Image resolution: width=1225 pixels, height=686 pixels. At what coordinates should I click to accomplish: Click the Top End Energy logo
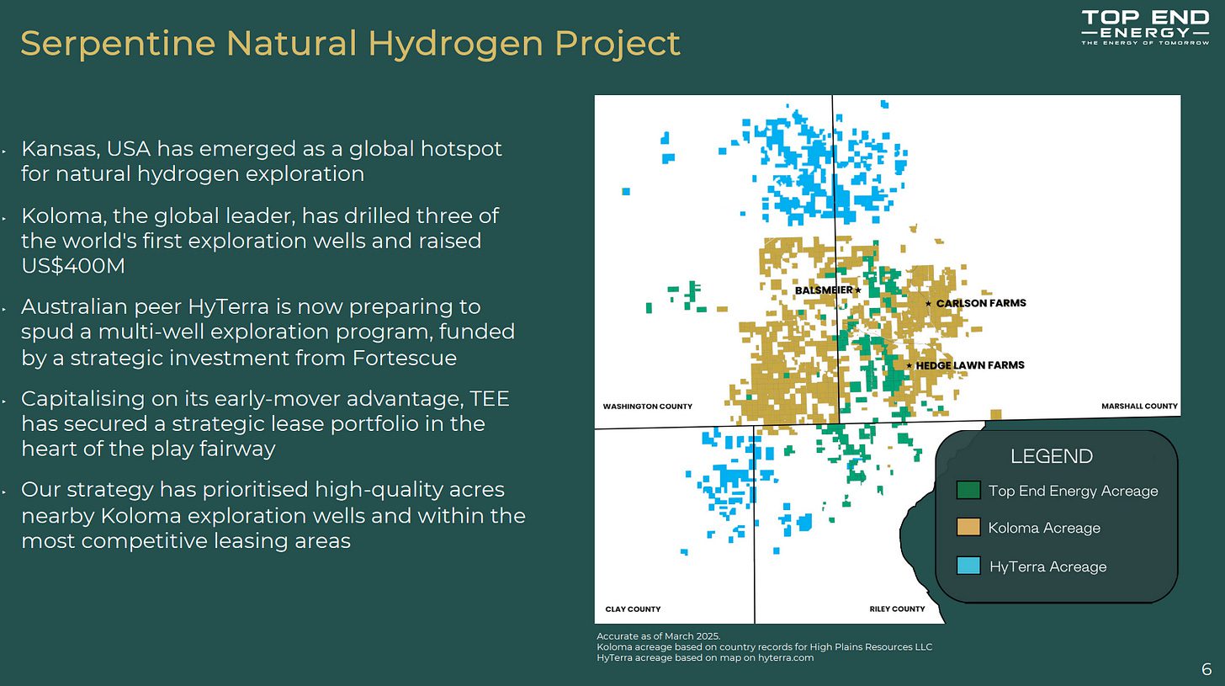1145,27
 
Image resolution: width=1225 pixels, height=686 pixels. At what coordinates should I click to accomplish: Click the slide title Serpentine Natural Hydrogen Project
351,43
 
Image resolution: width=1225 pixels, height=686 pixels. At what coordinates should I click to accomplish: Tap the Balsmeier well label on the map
824,290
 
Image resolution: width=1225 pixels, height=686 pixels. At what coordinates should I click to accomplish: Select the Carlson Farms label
981,303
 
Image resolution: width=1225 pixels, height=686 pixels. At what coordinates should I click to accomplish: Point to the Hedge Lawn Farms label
970,365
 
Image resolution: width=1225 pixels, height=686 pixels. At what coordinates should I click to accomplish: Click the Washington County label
648,407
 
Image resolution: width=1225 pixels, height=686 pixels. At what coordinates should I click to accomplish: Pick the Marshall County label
1139,406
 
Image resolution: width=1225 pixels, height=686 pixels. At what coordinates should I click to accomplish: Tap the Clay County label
633,609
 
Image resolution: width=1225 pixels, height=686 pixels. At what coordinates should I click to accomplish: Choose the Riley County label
897,609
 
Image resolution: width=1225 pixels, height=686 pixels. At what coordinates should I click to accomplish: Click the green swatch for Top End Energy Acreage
968,490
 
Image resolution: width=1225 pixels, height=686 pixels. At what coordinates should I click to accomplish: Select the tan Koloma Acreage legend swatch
968,528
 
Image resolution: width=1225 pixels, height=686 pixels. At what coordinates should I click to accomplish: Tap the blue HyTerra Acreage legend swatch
968,566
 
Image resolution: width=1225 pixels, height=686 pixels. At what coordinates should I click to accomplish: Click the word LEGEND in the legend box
1051,456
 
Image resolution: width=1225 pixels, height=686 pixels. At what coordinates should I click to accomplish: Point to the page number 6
1206,669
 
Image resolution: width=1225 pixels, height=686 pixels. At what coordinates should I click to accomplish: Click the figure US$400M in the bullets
73,266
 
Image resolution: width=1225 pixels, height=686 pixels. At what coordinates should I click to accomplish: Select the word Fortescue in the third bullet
404,358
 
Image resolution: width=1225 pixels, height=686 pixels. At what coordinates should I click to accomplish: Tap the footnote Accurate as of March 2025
659,636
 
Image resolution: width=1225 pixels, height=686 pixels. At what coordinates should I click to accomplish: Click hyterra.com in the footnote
786,657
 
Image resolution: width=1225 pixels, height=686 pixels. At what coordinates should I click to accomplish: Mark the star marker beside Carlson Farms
928,303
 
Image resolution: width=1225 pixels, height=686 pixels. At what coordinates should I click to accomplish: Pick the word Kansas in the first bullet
60,149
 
